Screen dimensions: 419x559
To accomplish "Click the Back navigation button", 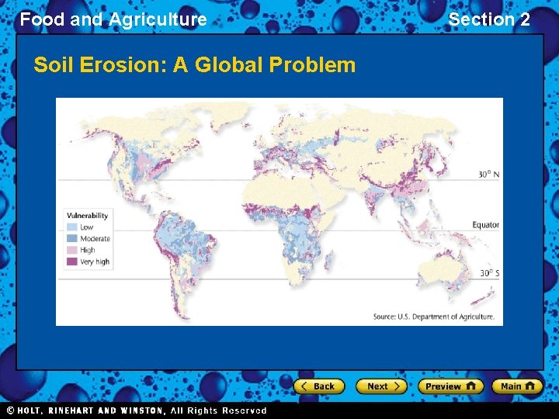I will pos(318,386).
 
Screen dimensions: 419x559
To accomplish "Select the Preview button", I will pos(450,386).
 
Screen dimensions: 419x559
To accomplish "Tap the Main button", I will pos(517,386).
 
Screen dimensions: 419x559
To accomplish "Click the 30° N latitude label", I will pos(488,175).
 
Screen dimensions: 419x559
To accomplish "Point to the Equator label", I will pos(485,225).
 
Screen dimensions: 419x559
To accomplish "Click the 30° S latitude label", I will pos(488,273).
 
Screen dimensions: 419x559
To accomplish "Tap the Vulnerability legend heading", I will pos(88,216).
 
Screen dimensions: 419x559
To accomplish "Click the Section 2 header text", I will pos(489,19).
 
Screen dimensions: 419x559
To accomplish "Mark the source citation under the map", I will pos(433,317).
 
